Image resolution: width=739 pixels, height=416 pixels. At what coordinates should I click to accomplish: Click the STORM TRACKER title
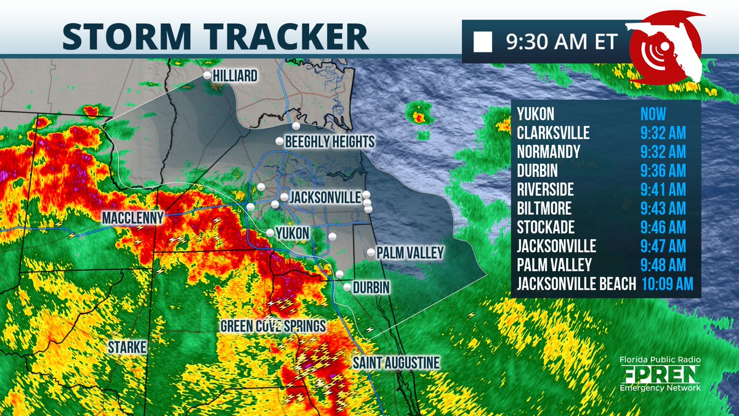215,36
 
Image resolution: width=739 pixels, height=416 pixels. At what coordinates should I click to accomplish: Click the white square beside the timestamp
483,43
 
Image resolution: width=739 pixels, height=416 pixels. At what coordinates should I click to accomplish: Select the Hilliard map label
235,76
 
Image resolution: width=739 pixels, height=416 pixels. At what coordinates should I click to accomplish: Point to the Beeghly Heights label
329,142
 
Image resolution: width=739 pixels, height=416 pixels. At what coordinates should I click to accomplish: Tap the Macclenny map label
133,218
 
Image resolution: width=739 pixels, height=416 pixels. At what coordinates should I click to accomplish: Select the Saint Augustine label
396,362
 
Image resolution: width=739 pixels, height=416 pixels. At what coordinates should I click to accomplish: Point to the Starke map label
128,348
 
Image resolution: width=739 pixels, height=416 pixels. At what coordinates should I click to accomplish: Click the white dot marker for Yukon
270,232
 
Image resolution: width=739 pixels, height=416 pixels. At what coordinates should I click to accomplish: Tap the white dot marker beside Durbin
347,287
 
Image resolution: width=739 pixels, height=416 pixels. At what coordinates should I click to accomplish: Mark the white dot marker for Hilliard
208,75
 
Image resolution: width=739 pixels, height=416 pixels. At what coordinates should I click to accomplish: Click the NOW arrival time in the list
653,114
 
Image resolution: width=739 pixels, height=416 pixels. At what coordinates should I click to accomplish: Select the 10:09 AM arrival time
667,283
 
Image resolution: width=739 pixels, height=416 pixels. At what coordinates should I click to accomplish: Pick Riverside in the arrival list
546,189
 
